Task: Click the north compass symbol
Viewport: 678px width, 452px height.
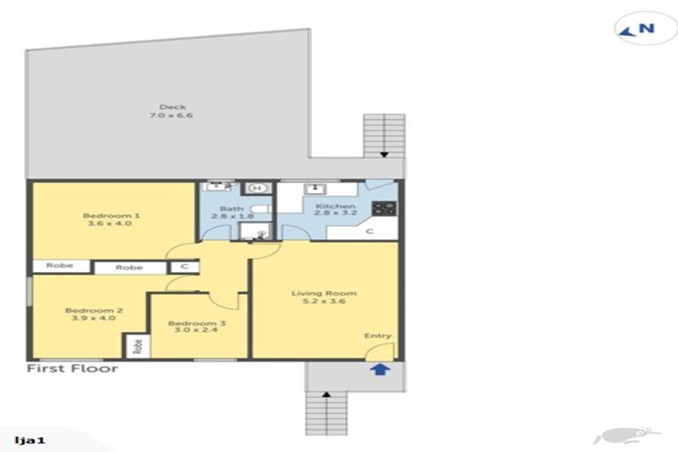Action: [x=638, y=28]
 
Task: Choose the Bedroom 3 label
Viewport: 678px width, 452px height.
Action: [x=196, y=328]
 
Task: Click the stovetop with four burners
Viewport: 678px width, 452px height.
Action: [x=384, y=209]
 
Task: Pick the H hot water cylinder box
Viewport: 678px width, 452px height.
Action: [x=258, y=187]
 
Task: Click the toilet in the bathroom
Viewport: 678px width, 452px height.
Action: [x=252, y=232]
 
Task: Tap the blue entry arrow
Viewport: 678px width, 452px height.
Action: [x=379, y=369]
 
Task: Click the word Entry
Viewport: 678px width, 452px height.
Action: [x=378, y=335]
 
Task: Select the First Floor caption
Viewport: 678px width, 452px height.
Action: [x=72, y=368]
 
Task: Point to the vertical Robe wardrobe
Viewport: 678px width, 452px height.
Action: [x=137, y=346]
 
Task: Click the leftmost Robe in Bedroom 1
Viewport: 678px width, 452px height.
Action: [x=55, y=266]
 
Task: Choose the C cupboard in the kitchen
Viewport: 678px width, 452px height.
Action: [x=369, y=231]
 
